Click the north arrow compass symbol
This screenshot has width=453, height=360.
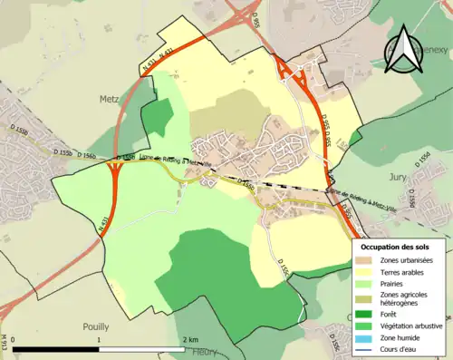[401, 50]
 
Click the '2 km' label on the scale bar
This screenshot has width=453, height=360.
[190, 339]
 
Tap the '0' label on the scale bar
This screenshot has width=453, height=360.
[14, 339]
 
